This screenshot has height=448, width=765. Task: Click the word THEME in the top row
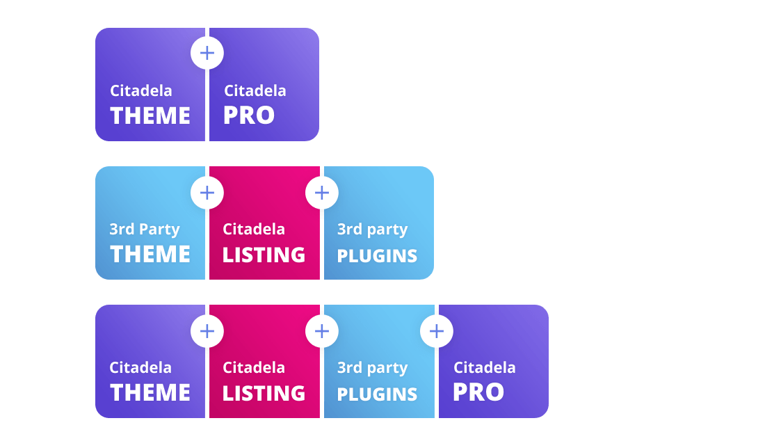(x=150, y=115)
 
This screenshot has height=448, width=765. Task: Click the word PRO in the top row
(x=248, y=115)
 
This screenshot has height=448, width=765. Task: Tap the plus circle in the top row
(x=207, y=53)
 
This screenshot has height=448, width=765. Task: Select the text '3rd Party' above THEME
(x=145, y=230)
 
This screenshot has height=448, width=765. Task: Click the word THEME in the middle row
(x=150, y=254)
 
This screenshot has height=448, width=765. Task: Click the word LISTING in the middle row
(x=264, y=255)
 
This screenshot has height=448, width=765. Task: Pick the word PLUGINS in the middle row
(x=377, y=256)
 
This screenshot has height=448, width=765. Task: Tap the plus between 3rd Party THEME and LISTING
(x=207, y=192)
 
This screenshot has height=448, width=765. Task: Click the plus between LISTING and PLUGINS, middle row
(x=322, y=192)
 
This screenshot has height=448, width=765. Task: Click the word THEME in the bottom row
(x=150, y=392)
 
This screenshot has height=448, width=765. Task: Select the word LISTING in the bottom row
(x=264, y=393)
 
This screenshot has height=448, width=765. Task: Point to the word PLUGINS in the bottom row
(x=377, y=394)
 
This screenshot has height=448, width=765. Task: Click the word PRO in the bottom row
(x=478, y=392)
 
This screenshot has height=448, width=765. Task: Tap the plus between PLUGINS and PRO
(x=437, y=331)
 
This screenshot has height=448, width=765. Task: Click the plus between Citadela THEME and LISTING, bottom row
(x=207, y=331)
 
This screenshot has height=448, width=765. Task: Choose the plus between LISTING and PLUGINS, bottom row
(x=322, y=331)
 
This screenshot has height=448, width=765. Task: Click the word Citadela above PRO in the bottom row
(x=485, y=367)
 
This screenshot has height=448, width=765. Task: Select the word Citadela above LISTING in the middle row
(x=254, y=229)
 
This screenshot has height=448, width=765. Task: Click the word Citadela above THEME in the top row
(x=141, y=90)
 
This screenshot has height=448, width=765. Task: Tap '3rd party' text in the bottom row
(x=372, y=368)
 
